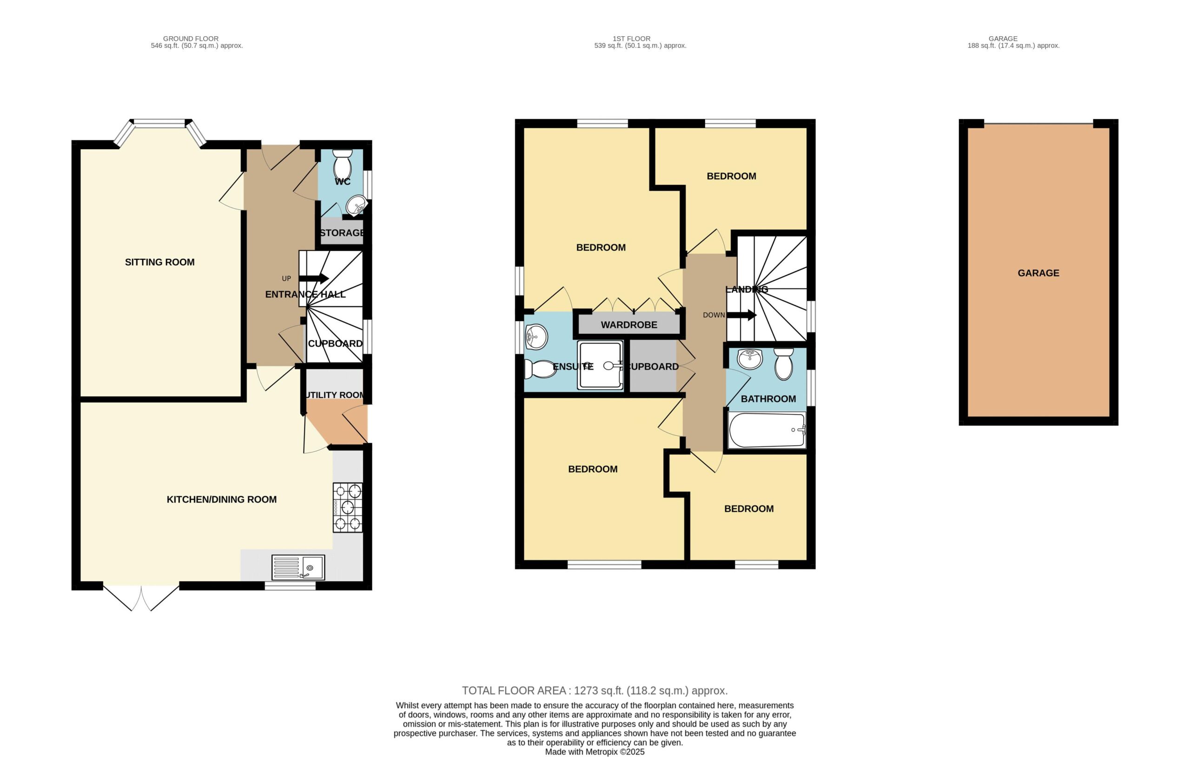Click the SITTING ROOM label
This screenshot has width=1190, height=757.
[x=159, y=263]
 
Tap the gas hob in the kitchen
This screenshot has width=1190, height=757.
[x=348, y=507]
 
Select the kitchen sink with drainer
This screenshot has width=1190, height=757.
[x=298, y=567]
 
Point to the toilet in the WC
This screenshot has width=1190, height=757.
[x=343, y=164]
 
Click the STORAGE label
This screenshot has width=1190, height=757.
[x=342, y=233]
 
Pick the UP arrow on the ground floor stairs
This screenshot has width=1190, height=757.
[x=313, y=278]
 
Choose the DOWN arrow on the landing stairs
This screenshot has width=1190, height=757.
[x=741, y=315]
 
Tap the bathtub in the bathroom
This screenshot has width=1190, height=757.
[x=767, y=430]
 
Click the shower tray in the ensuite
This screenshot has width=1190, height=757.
[x=601, y=365]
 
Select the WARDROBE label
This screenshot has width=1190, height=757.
[x=629, y=325]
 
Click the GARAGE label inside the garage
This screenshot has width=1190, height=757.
[x=1038, y=273]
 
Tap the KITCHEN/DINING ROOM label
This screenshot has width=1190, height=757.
[x=221, y=500]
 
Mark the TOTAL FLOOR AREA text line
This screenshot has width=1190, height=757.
[x=595, y=691]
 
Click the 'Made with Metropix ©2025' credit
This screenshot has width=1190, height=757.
[x=595, y=752]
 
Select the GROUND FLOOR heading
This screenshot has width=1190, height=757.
[x=191, y=39]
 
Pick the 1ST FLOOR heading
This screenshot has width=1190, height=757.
[x=632, y=39]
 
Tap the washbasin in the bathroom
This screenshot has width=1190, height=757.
[x=750, y=359]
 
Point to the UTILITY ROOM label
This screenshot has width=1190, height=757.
[x=336, y=395]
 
